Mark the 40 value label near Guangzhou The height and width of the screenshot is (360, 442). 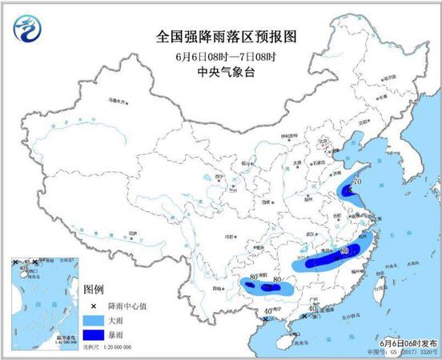click(313, 307)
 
